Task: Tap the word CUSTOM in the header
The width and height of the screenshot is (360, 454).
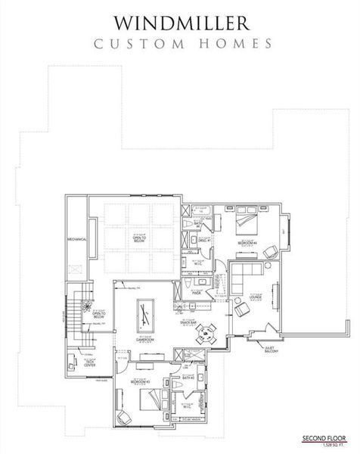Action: (x=134, y=44)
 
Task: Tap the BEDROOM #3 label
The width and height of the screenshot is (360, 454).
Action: (x=139, y=382)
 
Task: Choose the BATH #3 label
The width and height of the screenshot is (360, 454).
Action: (x=189, y=376)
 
